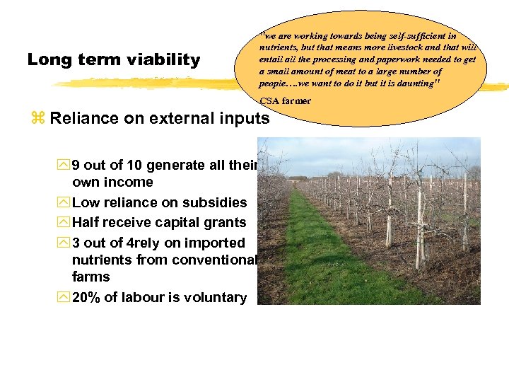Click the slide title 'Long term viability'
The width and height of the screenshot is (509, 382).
(114, 60)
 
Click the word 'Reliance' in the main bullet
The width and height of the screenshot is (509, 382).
(83, 118)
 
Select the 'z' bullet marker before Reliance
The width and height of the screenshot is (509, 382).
(37, 119)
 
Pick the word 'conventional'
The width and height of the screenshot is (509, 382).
(213, 260)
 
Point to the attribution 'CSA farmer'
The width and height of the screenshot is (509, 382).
(285, 100)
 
